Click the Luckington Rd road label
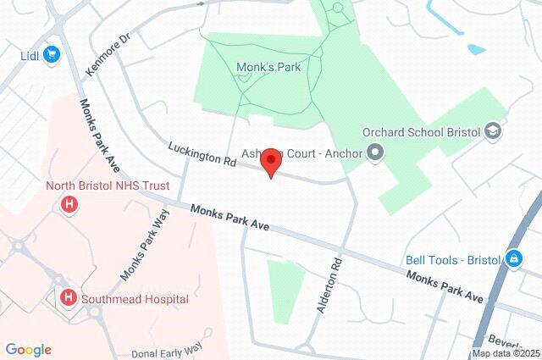click(x=201, y=153)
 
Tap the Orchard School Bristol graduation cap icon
click(x=494, y=132)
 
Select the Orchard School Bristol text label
click(x=421, y=132)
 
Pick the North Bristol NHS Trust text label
click(x=108, y=186)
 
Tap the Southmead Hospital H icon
click(x=69, y=297)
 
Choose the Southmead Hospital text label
click(x=135, y=298)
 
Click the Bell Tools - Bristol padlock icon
click(x=514, y=258)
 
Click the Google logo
click(x=28, y=350)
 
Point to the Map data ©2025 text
click(x=506, y=353)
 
